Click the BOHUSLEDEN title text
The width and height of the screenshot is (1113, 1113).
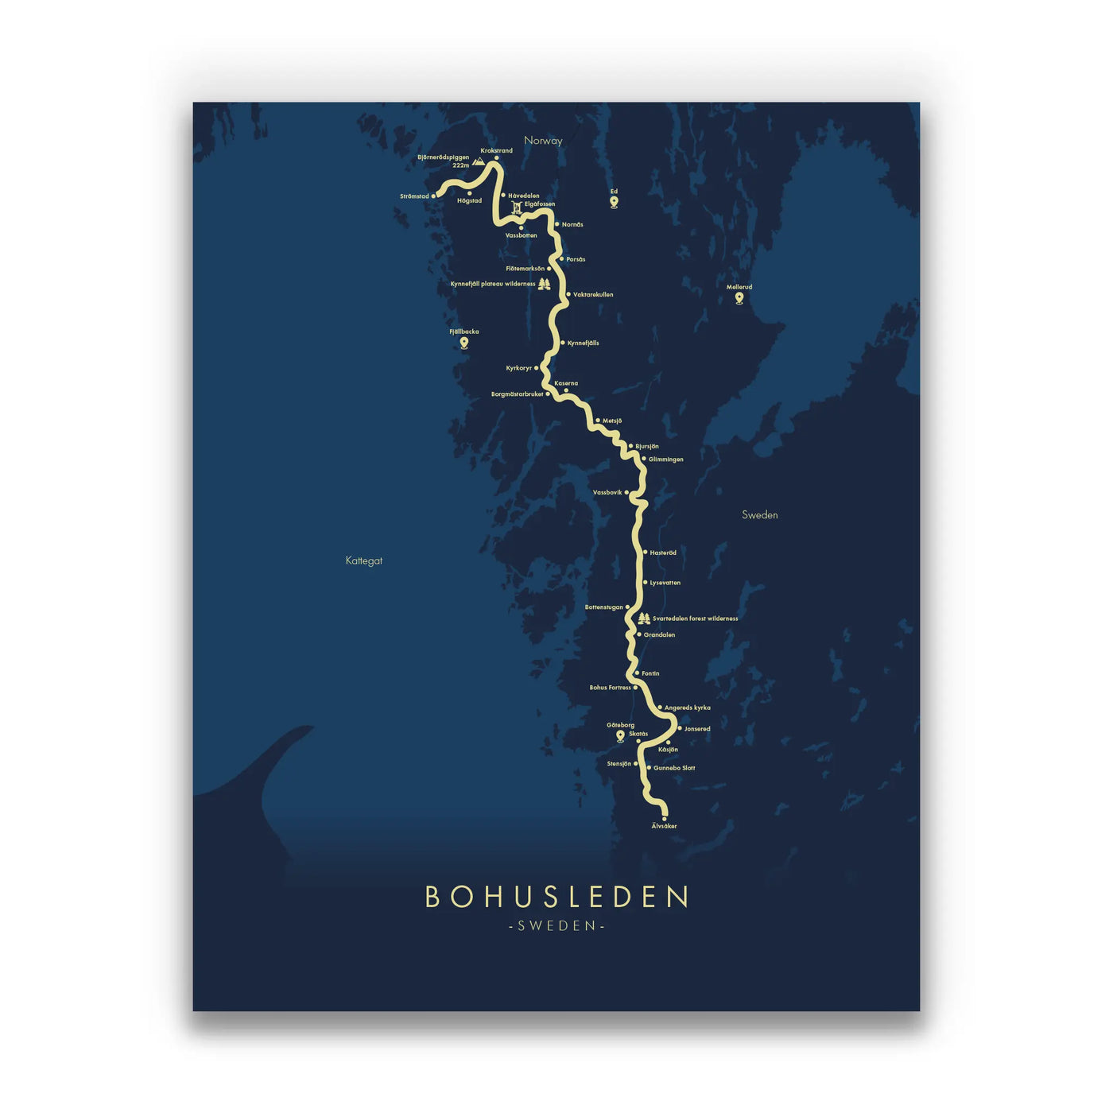(x=556, y=897)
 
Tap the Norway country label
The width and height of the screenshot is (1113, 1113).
(x=543, y=141)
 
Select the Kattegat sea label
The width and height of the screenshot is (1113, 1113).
(x=364, y=560)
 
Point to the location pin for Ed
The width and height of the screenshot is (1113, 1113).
(x=614, y=202)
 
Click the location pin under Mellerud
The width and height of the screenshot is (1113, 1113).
(x=739, y=298)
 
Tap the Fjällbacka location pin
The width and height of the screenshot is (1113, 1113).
(x=464, y=343)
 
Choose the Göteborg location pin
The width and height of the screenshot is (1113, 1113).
(x=621, y=736)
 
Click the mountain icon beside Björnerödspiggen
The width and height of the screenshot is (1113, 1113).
(x=479, y=161)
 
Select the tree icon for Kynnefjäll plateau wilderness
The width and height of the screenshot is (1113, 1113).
(x=545, y=284)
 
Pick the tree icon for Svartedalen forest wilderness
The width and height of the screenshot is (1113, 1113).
(x=644, y=619)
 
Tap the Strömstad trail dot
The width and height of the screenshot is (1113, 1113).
(x=434, y=196)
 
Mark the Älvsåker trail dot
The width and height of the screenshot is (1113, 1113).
(x=665, y=818)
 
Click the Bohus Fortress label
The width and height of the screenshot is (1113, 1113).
(x=610, y=688)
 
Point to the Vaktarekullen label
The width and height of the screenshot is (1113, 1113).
(x=593, y=295)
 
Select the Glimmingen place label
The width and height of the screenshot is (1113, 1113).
(x=666, y=460)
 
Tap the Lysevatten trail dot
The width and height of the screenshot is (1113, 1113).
(x=645, y=583)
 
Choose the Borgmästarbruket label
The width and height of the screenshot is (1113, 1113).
(x=517, y=394)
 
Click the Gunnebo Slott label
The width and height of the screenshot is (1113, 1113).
(x=674, y=768)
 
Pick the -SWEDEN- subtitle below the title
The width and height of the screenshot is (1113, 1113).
(x=556, y=925)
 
